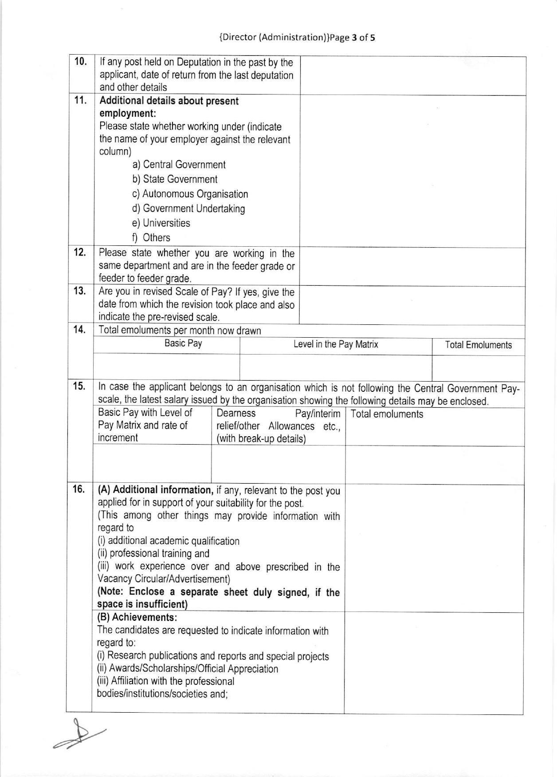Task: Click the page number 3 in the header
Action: (x=354, y=38)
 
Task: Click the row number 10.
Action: (x=80, y=62)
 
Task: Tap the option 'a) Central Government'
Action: (x=179, y=165)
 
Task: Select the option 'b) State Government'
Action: (x=175, y=179)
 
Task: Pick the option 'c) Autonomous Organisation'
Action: (x=190, y=194)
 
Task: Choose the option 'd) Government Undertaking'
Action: (x=188, y=209)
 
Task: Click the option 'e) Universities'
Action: (x=161, y=223)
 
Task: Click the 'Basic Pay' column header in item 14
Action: (x=183, y=343)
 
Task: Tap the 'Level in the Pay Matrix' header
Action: (x=335, y=344)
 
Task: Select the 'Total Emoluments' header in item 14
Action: (x=478, y=345)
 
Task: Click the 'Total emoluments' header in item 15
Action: (x=387, y=414)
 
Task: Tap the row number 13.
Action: (x=80, y=291)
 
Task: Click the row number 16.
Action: (x=79, y=489)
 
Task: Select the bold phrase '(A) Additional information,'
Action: (x=155, y=490)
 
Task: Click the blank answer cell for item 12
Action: (x=412, y=265)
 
